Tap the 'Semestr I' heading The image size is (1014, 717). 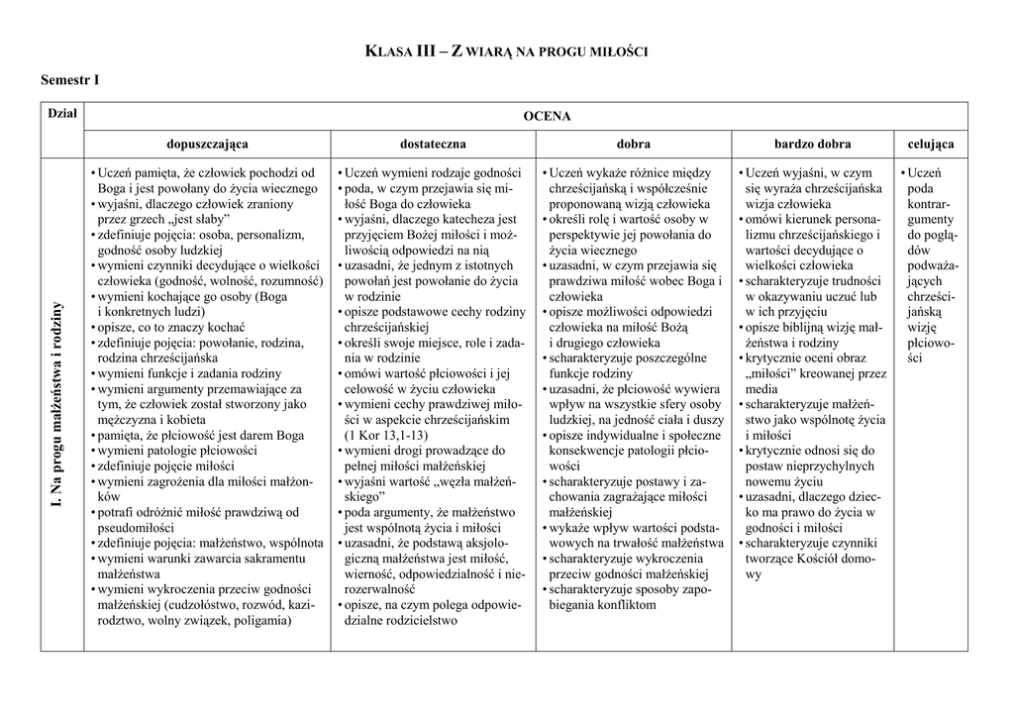point(70,79)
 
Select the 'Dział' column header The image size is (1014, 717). point(62,115)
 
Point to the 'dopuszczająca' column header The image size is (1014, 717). point(207,144)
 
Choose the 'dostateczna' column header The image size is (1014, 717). point(433,144)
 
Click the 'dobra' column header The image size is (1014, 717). point(634,144)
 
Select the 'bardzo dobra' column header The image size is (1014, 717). point(813,144)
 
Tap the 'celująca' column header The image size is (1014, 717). point(931,144)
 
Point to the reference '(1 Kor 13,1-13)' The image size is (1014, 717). point(387,435)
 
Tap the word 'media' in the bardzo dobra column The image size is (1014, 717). point(761,389)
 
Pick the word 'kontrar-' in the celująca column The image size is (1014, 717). point(930,203)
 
